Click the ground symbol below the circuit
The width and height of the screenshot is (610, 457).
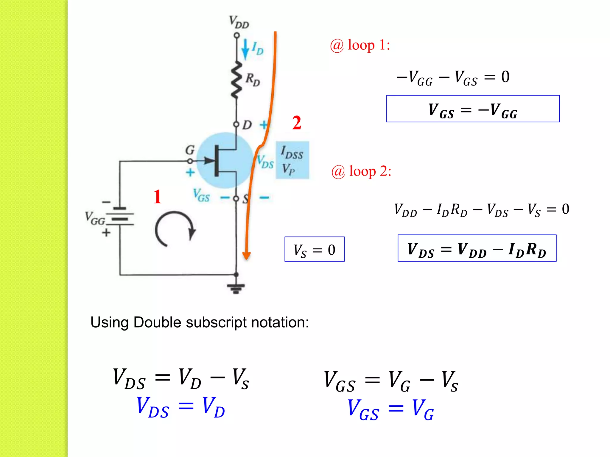(236, 287)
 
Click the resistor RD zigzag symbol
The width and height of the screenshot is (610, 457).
(236, 80)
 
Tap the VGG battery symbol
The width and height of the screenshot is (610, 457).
(120, 217)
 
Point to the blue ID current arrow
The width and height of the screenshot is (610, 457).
(245, 49)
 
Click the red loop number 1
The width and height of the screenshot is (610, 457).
(157, 197)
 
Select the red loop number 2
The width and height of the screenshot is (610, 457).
(297, 123)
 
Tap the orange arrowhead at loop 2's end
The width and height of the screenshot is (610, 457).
(246, 255)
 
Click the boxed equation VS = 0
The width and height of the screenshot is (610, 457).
(314, 249)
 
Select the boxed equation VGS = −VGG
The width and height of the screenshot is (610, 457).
(473, 109)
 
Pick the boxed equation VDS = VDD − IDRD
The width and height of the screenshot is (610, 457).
(477, 248)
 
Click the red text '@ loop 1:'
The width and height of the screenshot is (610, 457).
(360, 45)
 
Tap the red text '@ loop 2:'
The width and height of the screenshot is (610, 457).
(361, 171)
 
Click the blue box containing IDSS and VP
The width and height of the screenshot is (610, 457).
(292, 160)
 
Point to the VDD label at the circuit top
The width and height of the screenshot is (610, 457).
(239, 22)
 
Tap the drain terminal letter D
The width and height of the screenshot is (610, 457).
(247, 125)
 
